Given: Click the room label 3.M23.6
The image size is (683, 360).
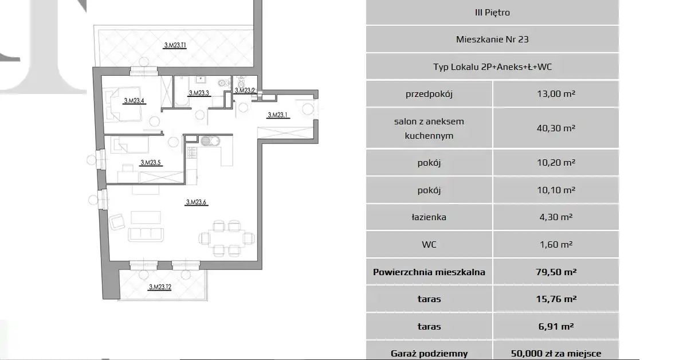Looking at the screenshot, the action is click(x=196, y=202).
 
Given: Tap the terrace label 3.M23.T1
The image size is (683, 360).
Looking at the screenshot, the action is click(x=175, y=45).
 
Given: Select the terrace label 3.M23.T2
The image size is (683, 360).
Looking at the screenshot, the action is click(x=160, y=287).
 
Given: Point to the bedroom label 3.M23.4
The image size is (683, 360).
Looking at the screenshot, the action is click(x=134, y=101).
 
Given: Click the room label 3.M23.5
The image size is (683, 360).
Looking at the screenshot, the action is click(x=150, y=163).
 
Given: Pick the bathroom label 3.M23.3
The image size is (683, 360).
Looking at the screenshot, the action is click(x=199, y=93).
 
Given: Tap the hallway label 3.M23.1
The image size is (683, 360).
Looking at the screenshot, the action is click(x=277, y=115).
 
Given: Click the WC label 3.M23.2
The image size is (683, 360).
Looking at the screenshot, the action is click(x=245, y=91).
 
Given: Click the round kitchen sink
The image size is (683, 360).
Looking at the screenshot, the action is click(x=206, y=141).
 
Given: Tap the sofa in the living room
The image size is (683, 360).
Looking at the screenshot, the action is click(x=146, y=234).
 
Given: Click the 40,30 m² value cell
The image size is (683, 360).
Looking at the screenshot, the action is click(x=556, y=128).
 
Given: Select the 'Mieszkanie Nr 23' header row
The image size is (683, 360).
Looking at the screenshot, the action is click(x=492, y=39).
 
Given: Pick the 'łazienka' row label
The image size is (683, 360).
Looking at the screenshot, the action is click(x=429, y=217).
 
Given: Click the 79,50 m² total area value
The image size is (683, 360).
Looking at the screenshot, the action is click(x=556, y=272).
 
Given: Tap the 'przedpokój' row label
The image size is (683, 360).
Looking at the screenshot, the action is click(x=429, y=94).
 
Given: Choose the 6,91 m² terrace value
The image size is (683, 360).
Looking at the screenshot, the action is click(x=556, y=326).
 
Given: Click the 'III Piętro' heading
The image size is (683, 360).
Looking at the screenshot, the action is click(x=492, y=13).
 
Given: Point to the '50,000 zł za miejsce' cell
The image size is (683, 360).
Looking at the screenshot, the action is click(x=556, y=354).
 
